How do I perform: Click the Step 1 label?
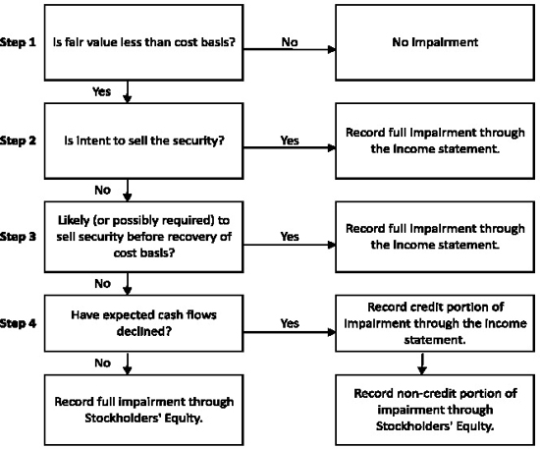18,42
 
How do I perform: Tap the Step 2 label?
18,140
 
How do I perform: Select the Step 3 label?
18,237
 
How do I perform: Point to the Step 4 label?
18,323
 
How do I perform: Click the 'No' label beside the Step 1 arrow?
290,42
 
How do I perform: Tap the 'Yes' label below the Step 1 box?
101,91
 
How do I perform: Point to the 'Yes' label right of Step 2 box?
290,140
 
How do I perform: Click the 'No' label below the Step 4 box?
103,363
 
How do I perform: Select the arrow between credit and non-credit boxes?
422,364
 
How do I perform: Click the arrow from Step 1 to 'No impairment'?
290,50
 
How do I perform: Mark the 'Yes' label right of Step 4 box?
290,323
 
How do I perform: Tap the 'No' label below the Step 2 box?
103,190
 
